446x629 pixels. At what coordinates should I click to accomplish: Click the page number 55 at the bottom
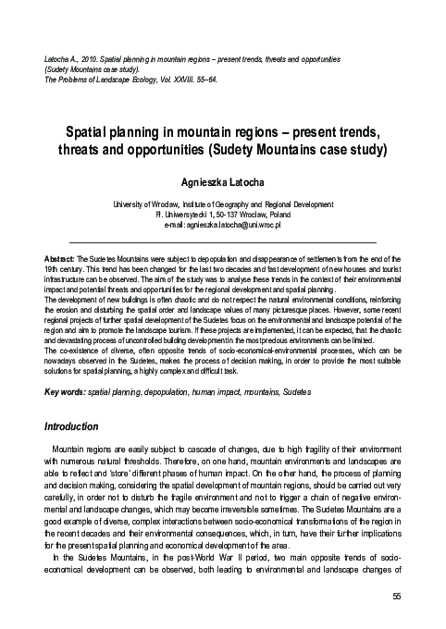395,597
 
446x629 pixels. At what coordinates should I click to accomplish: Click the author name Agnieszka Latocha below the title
222,183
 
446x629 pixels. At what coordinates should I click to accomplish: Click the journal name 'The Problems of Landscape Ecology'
103,80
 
